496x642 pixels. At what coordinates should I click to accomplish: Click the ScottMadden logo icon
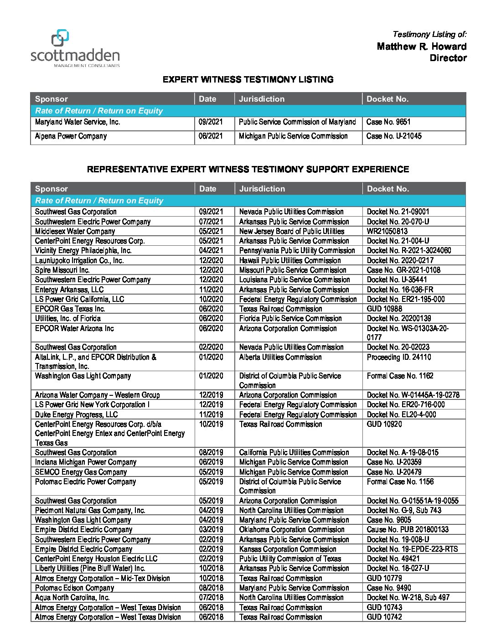click(x=60, y=38)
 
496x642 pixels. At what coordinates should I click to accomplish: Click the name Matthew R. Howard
click(x=421, y=47)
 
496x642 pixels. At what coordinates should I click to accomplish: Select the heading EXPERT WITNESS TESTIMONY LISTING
click(x=248, y=79)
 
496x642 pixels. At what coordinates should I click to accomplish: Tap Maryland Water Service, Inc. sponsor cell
click(x=77, y=122)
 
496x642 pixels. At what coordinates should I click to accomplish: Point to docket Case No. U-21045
click(x=394, y=136)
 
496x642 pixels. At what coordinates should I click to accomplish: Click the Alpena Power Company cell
click(x=71, y=136)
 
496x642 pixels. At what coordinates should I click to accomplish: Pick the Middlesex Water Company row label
click(x=75, y=231)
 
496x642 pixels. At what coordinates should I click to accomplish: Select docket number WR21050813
click(x=387, y=231)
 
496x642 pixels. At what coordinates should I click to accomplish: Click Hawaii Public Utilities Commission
click(x=289, y=260)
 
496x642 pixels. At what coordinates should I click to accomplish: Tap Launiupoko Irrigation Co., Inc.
click(x=79, y=260)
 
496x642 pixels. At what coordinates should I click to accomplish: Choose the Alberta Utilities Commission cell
click(x=280, y=357)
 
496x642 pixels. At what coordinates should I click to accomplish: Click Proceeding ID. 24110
click(x=398, y=357)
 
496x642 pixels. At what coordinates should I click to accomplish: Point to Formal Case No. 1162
click(x=400, y=376)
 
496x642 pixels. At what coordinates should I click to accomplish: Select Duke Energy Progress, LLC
click(x=76, y=414)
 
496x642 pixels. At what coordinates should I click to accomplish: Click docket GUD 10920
click(x=384, y=424)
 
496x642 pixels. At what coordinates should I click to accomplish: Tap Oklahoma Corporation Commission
click(x=292, y=530)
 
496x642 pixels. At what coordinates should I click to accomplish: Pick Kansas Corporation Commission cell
click(x=288, y=549)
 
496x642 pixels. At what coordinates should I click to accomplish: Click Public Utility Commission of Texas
click(x=290, y=559)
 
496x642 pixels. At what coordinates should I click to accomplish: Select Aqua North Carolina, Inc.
click(x=72, y=597)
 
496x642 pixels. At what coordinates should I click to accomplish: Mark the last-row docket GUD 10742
click(x=384, y=617)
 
